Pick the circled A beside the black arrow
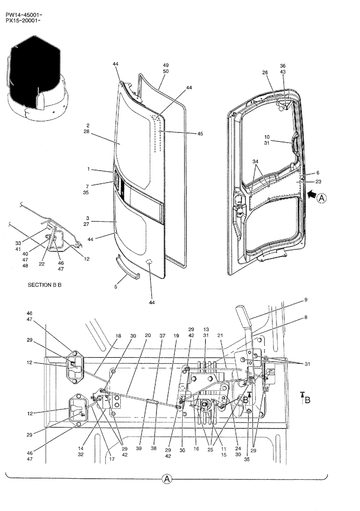(x=321, y=198)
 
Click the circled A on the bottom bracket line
(x=167, y=479)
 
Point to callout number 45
(x=200, y=134)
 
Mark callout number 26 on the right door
(x=265, y=72)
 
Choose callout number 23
(x=318, y=181)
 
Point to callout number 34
(x=256, y=162)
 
